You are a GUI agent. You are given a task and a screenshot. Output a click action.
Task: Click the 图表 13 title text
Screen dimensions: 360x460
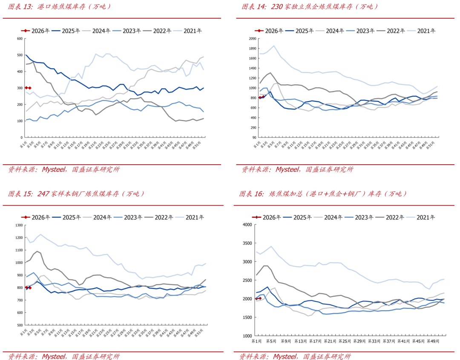(x=60, y=6)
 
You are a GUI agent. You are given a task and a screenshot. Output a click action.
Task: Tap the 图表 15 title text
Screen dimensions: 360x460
(x=77, y=194)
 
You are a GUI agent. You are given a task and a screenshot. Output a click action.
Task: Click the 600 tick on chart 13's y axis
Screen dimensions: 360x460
(x=19, y=39)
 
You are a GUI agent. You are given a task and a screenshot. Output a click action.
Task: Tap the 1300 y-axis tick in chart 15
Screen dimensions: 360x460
(x=17, y=225)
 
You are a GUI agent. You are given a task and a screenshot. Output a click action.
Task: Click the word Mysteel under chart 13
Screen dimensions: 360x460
(x=53, y=169)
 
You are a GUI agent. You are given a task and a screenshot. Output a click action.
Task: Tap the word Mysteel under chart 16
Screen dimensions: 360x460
(x=285, y=356)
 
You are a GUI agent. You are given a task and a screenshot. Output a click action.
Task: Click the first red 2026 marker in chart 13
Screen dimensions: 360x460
(x=26, y=88)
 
